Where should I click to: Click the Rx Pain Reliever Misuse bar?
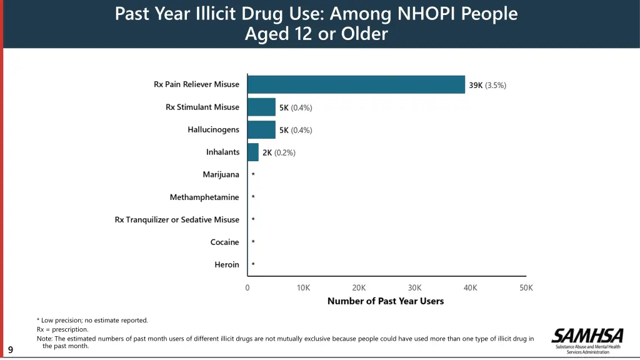coord(356,84)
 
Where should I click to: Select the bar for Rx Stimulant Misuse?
coord(261,107)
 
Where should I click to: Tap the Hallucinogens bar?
coord(261,129)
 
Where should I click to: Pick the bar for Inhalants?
coord(253,152)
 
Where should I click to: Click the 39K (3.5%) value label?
coord(487,86)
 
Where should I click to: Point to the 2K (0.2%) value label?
coord(279,152)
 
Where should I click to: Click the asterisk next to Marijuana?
coord(253,175)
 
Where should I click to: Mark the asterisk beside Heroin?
coord(253,265)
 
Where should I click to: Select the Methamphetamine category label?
coord(204,197)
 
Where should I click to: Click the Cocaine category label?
coord(224,242)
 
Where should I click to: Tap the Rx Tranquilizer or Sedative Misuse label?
coord(177,220)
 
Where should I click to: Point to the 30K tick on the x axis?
coord(415,287)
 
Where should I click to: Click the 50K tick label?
coord(526,287)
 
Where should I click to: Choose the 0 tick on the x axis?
coord(247,287)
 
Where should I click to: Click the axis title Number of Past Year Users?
coord(386,301)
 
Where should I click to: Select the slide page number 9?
coord(11,349)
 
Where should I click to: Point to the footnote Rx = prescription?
coord(62,329)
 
